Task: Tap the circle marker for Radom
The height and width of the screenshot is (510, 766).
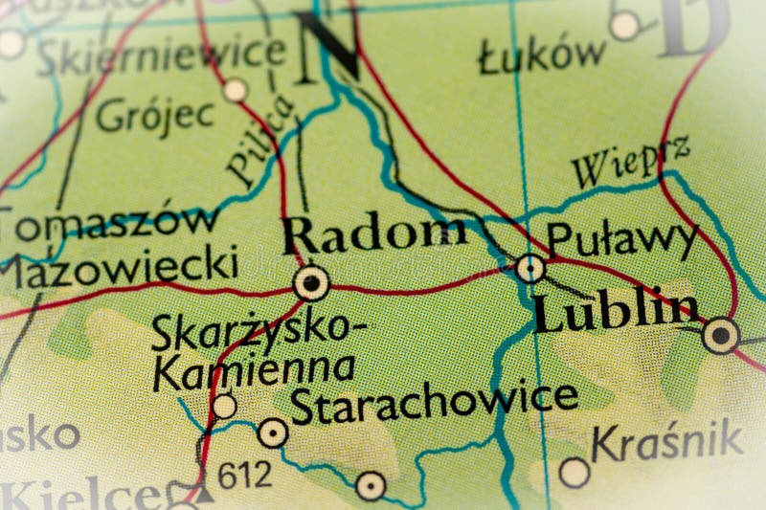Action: coord(311,283)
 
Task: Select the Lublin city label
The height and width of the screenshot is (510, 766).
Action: coord(616,311)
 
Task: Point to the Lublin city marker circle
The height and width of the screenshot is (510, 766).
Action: coord(720,336)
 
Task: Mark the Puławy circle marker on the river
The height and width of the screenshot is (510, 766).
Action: coord(529,269)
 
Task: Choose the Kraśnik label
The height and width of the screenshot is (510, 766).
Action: coord(666,441)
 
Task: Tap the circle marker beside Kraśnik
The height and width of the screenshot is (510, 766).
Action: coord(574,472)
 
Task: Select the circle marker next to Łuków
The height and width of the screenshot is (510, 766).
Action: coord(624,26)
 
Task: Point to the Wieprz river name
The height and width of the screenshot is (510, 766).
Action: coord(631,164)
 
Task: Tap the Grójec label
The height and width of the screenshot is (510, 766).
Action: coord(155,116)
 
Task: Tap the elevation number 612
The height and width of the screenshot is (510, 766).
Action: coord(244,474)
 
